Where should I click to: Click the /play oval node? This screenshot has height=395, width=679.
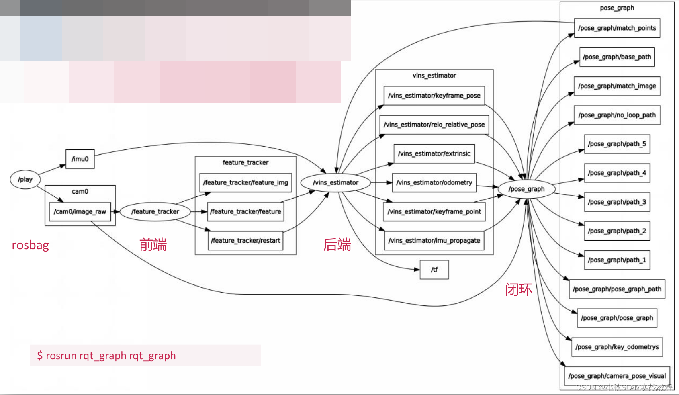click(x=25, y=179)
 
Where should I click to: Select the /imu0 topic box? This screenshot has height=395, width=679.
click(x=80, y=159)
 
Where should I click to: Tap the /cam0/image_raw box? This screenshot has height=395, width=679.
click(x=80, y=211)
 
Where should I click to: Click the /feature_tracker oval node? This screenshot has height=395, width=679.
click(x=155, y=211)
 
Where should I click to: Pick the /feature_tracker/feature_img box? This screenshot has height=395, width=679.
click(x=245, y=182)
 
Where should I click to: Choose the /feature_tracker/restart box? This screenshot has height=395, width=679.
click(x=245, y=240)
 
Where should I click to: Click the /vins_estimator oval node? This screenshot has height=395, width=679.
click(x=335, y=182)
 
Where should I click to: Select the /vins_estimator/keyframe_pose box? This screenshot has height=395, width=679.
click(x=434, y=96)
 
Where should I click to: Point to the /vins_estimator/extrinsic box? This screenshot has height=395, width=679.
click(x=434, y=153)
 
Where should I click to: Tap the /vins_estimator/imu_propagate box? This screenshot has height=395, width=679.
click(x=434, y=240)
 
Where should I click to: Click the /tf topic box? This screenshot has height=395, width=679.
click(x=434, y=269)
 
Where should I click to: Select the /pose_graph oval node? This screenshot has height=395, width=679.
click(x=526, y=189)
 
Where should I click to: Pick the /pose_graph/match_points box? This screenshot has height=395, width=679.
click(x=617, y=28)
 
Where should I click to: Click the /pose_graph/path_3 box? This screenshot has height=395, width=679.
click(x=617, y=202)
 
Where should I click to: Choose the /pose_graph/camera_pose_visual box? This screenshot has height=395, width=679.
click(x=617, y=376)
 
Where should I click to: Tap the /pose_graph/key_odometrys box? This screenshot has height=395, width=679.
click(x=617, y=347)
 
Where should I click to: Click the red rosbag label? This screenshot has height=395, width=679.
click(x=31, y=245)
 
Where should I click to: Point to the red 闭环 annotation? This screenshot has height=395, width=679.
click(x=518, y=289)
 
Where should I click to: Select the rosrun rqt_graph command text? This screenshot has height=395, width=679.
click(x=106, y=356)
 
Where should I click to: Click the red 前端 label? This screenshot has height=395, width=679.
click(x=153, y=245)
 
